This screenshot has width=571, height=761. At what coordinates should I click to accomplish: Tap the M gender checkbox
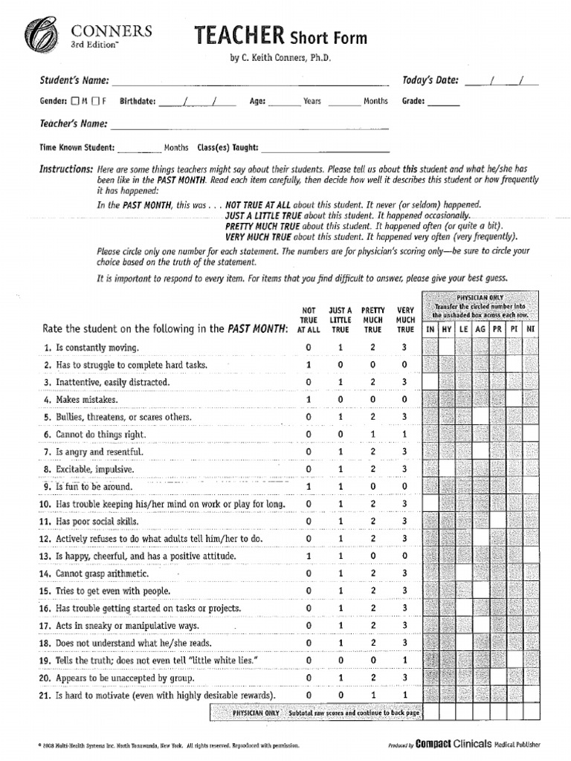(75, 101)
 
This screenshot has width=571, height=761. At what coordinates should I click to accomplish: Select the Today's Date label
(430, 80)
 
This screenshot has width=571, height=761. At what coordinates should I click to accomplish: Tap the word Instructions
(66, 169)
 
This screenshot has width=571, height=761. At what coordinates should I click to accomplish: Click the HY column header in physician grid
(447, 328)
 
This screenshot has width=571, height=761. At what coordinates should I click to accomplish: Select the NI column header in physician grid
(530, 328)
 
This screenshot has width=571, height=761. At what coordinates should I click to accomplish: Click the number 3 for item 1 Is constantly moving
(404, 348)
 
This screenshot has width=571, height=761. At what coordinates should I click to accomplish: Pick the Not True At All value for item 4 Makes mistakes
(309, 400)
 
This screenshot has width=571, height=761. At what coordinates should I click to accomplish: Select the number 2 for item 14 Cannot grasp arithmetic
(372, 574)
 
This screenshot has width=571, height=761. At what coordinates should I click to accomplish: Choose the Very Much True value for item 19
(404, 661)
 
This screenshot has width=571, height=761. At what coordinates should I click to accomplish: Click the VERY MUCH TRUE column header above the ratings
(404, 320)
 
